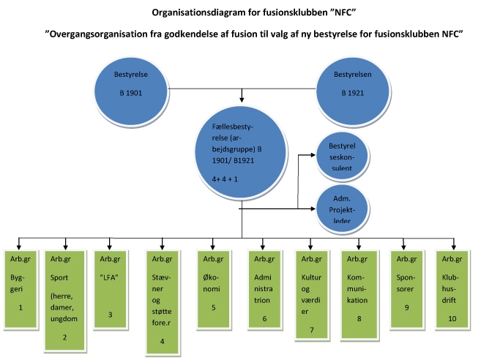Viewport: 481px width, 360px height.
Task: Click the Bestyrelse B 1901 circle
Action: pos(131,86)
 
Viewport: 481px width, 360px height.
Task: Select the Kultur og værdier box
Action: pos(312,293)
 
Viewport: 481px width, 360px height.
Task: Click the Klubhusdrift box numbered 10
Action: pos(453,288)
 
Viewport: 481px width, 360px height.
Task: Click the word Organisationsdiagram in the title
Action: pos(197,12)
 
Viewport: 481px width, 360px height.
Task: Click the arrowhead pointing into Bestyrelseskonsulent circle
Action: pos(315,155)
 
